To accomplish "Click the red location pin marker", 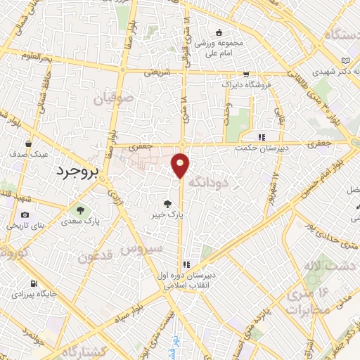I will [x=181, y=165].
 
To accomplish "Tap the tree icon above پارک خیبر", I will [x=165, y=204].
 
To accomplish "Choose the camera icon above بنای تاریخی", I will [x=25, y=215].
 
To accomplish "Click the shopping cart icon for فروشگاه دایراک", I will [x=245, y=73].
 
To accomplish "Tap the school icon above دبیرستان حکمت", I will [x=262, y=137].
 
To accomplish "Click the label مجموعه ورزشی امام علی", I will [x=219, y=46].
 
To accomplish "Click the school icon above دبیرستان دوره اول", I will [x=186, y=265].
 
